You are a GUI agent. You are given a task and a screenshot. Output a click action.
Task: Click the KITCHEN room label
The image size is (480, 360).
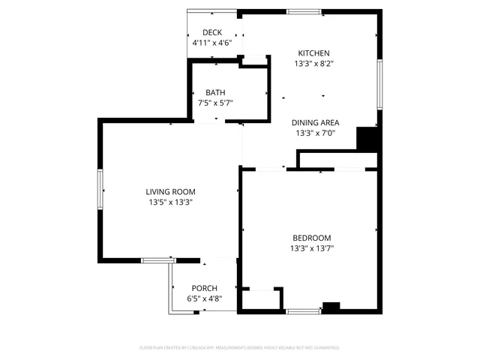pos(314,53)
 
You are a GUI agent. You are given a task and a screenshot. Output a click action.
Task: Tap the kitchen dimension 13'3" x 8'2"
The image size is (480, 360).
pos(314,64)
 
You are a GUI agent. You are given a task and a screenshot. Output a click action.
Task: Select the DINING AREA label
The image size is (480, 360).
pos(315,123)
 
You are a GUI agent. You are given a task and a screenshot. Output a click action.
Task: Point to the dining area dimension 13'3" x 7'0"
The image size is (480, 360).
pos(315,133)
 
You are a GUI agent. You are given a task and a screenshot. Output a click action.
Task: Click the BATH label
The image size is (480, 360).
pos(215,92)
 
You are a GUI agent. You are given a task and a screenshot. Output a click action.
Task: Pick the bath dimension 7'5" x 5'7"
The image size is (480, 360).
pos(215,103)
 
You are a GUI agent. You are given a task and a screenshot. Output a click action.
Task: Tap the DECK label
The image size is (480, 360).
pos(212,32)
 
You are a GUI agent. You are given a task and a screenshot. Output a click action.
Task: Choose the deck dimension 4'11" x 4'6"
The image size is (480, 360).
pos(212,43)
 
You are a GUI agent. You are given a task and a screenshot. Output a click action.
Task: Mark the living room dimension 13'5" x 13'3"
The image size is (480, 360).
pos(170,202)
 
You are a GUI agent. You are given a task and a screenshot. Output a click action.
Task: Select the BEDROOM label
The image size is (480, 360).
pos(311,238)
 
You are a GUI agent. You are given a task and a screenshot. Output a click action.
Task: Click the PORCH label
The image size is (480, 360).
pos(204,289)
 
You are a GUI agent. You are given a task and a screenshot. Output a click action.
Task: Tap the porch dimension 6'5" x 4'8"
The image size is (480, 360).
pos(204,299)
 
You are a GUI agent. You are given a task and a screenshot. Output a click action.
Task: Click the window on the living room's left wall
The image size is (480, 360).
pos(100,189)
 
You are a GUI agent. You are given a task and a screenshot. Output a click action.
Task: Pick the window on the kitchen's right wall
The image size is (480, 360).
pos(379,84)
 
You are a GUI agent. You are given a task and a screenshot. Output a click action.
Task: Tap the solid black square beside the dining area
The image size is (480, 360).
pos(366,139)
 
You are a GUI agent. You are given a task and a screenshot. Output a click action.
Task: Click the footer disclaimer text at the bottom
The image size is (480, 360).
pos(240,348)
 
